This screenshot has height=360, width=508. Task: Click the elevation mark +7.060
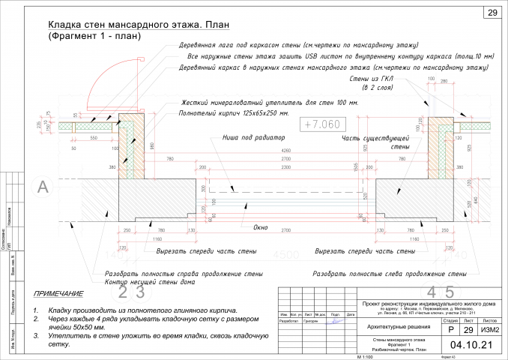tap(320, 124)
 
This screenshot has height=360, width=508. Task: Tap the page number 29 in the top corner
tap(492, 13)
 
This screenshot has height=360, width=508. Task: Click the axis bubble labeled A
tap(43, 186)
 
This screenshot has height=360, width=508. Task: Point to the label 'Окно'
tap(261, 226)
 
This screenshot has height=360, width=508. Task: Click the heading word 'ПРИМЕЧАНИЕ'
tap(58, 294)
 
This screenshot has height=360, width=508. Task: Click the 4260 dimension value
tap(264, 151)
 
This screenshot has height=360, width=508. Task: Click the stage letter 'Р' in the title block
tap(450, 329)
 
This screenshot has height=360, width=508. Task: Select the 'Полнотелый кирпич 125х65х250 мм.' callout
tap(234, 113)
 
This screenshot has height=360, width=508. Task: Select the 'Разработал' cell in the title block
tap(288, 320)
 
